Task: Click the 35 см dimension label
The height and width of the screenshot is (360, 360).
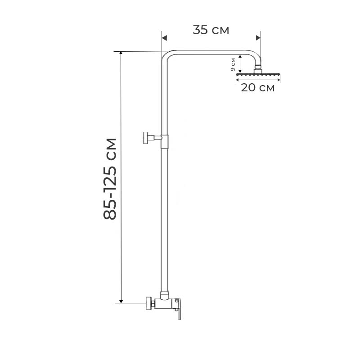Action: point(211,30)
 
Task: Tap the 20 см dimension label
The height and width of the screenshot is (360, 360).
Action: point(257,88)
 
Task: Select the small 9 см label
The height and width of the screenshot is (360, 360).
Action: point(233,64)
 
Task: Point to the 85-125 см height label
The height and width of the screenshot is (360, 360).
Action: point(110,179)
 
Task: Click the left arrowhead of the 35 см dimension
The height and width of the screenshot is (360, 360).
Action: point(164,38)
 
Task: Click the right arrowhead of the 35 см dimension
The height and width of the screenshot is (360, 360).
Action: point(258,38)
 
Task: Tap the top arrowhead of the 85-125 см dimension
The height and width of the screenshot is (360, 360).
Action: point(121,53)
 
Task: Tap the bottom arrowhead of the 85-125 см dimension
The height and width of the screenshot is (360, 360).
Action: point(121,301)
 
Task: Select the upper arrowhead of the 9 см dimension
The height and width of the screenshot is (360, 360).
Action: point(240,57)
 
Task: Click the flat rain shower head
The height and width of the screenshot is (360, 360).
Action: point(258,75)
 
